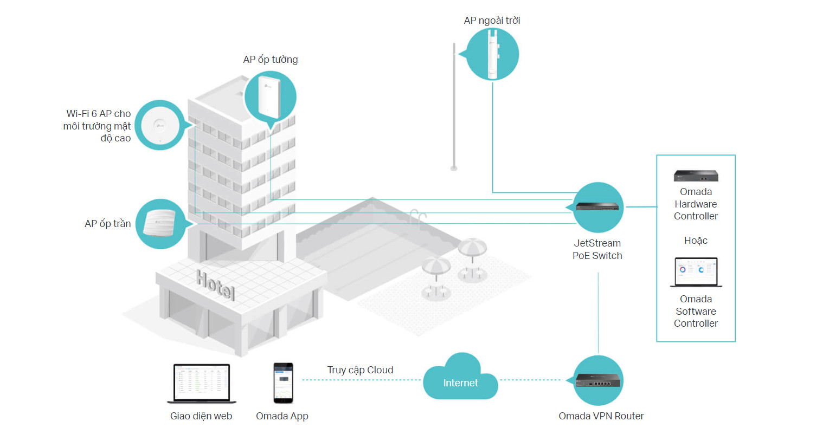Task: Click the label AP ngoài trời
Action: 492,21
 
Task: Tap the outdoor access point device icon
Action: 492,54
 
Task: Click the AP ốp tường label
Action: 271,60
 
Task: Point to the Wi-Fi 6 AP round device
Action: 160,125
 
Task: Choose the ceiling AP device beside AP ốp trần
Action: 160,222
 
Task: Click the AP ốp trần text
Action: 108,224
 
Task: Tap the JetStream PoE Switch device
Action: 597,206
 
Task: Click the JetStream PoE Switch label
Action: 597,250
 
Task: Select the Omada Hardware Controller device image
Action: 696,176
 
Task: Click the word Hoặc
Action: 696,241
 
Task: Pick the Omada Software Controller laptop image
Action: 696,272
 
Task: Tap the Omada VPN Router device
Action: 597,380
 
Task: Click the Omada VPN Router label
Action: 601,416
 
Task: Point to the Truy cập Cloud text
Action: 360,370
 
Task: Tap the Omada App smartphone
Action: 283,383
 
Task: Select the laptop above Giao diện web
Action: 202,383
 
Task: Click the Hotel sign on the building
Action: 215,284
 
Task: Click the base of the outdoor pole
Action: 454,169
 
